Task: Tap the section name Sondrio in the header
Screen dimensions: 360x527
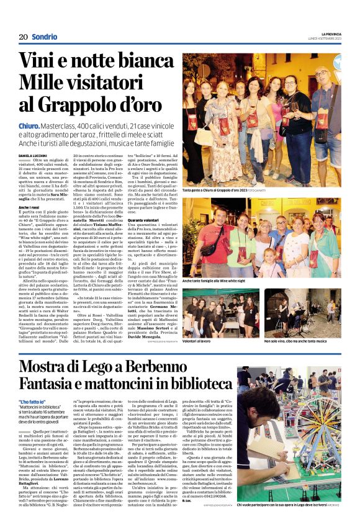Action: coord(45,37)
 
